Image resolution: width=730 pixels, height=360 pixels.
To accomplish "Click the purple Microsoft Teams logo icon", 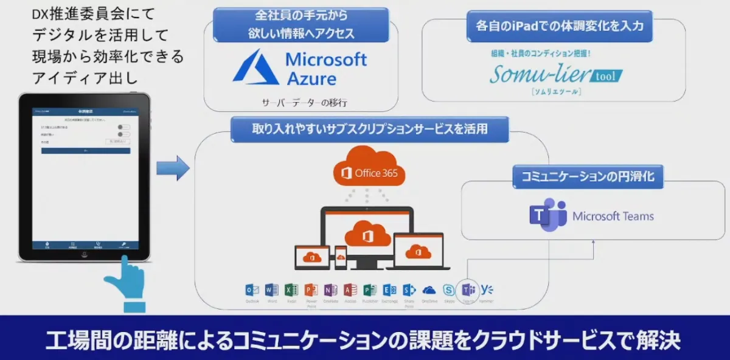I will coord(547,215).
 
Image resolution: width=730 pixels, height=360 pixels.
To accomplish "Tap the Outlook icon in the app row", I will coord(252,290).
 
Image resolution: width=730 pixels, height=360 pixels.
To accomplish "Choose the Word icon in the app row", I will coord(272,290).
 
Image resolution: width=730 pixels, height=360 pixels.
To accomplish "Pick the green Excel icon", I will coord(291,290).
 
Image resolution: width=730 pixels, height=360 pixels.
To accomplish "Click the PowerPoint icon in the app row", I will coord(311,290).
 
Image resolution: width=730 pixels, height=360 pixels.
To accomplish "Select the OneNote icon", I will coord(330,290).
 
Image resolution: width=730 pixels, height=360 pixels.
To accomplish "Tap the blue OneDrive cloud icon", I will coord(429,290).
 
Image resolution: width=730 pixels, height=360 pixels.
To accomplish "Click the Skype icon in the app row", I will coord(449,290).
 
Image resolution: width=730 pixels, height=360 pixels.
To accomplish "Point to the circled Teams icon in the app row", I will coord(468,290).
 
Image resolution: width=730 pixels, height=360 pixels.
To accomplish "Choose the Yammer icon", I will coord(487,290).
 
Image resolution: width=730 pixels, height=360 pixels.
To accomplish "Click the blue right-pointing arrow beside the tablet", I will coord(173,168).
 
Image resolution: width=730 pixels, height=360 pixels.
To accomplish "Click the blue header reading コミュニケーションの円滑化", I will coord(588,176).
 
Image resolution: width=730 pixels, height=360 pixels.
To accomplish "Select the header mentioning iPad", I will coord(560,26).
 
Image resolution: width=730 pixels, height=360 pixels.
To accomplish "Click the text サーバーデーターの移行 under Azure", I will coord(304,102).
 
